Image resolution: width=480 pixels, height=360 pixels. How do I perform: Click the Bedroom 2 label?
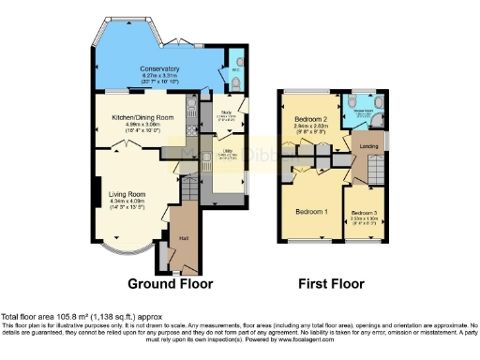[309, 123]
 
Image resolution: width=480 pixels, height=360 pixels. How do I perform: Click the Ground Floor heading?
[170, 283]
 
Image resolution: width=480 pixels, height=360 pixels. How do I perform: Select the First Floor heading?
[330, 283]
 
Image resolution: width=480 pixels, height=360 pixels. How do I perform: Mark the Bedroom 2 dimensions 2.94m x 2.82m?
[309, 130]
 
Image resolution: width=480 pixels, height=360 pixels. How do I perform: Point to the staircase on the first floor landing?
[373, 166]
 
